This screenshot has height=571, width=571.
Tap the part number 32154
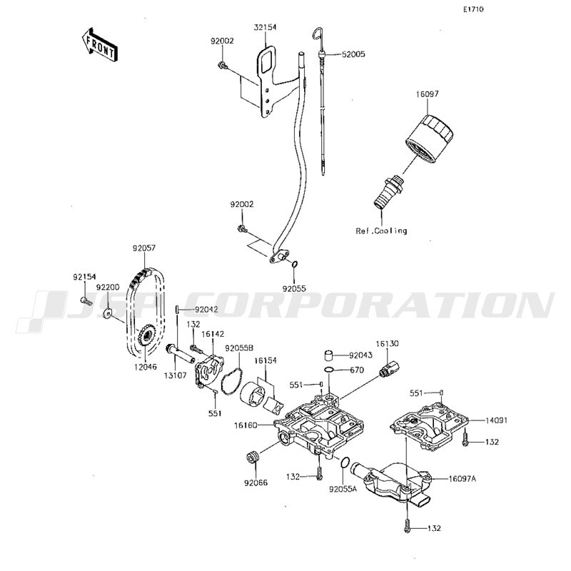pyautogui.click(x=265, y=27)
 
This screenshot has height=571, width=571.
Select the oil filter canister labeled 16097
pyautogui.click(x=430, y=138)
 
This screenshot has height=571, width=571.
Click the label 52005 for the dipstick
pyautogui.click(x=353, y=54)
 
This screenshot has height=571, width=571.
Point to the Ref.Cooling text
pyautogui.click(x=381, y=231)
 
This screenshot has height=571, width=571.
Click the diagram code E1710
pyautogui.click(x=473, y=9)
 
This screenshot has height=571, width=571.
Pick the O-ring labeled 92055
pyautogui.click(x=295, y=264)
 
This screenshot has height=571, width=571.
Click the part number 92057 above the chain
pyautogui.click(x=144, y=248)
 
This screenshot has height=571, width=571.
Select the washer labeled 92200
pyautogui.click(x=108, y=312)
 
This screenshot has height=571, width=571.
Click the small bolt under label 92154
pyautogui.click(x=86, y=300)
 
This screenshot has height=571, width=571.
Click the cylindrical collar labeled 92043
pyautogui.click(x=330, y=355)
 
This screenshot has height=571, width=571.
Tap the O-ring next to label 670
pyautogui.click(x=329, y=370)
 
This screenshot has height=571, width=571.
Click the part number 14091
pyautogui.click(x=496, y=420)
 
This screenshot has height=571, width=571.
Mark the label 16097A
pyautogui.click(x=463, y=479)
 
